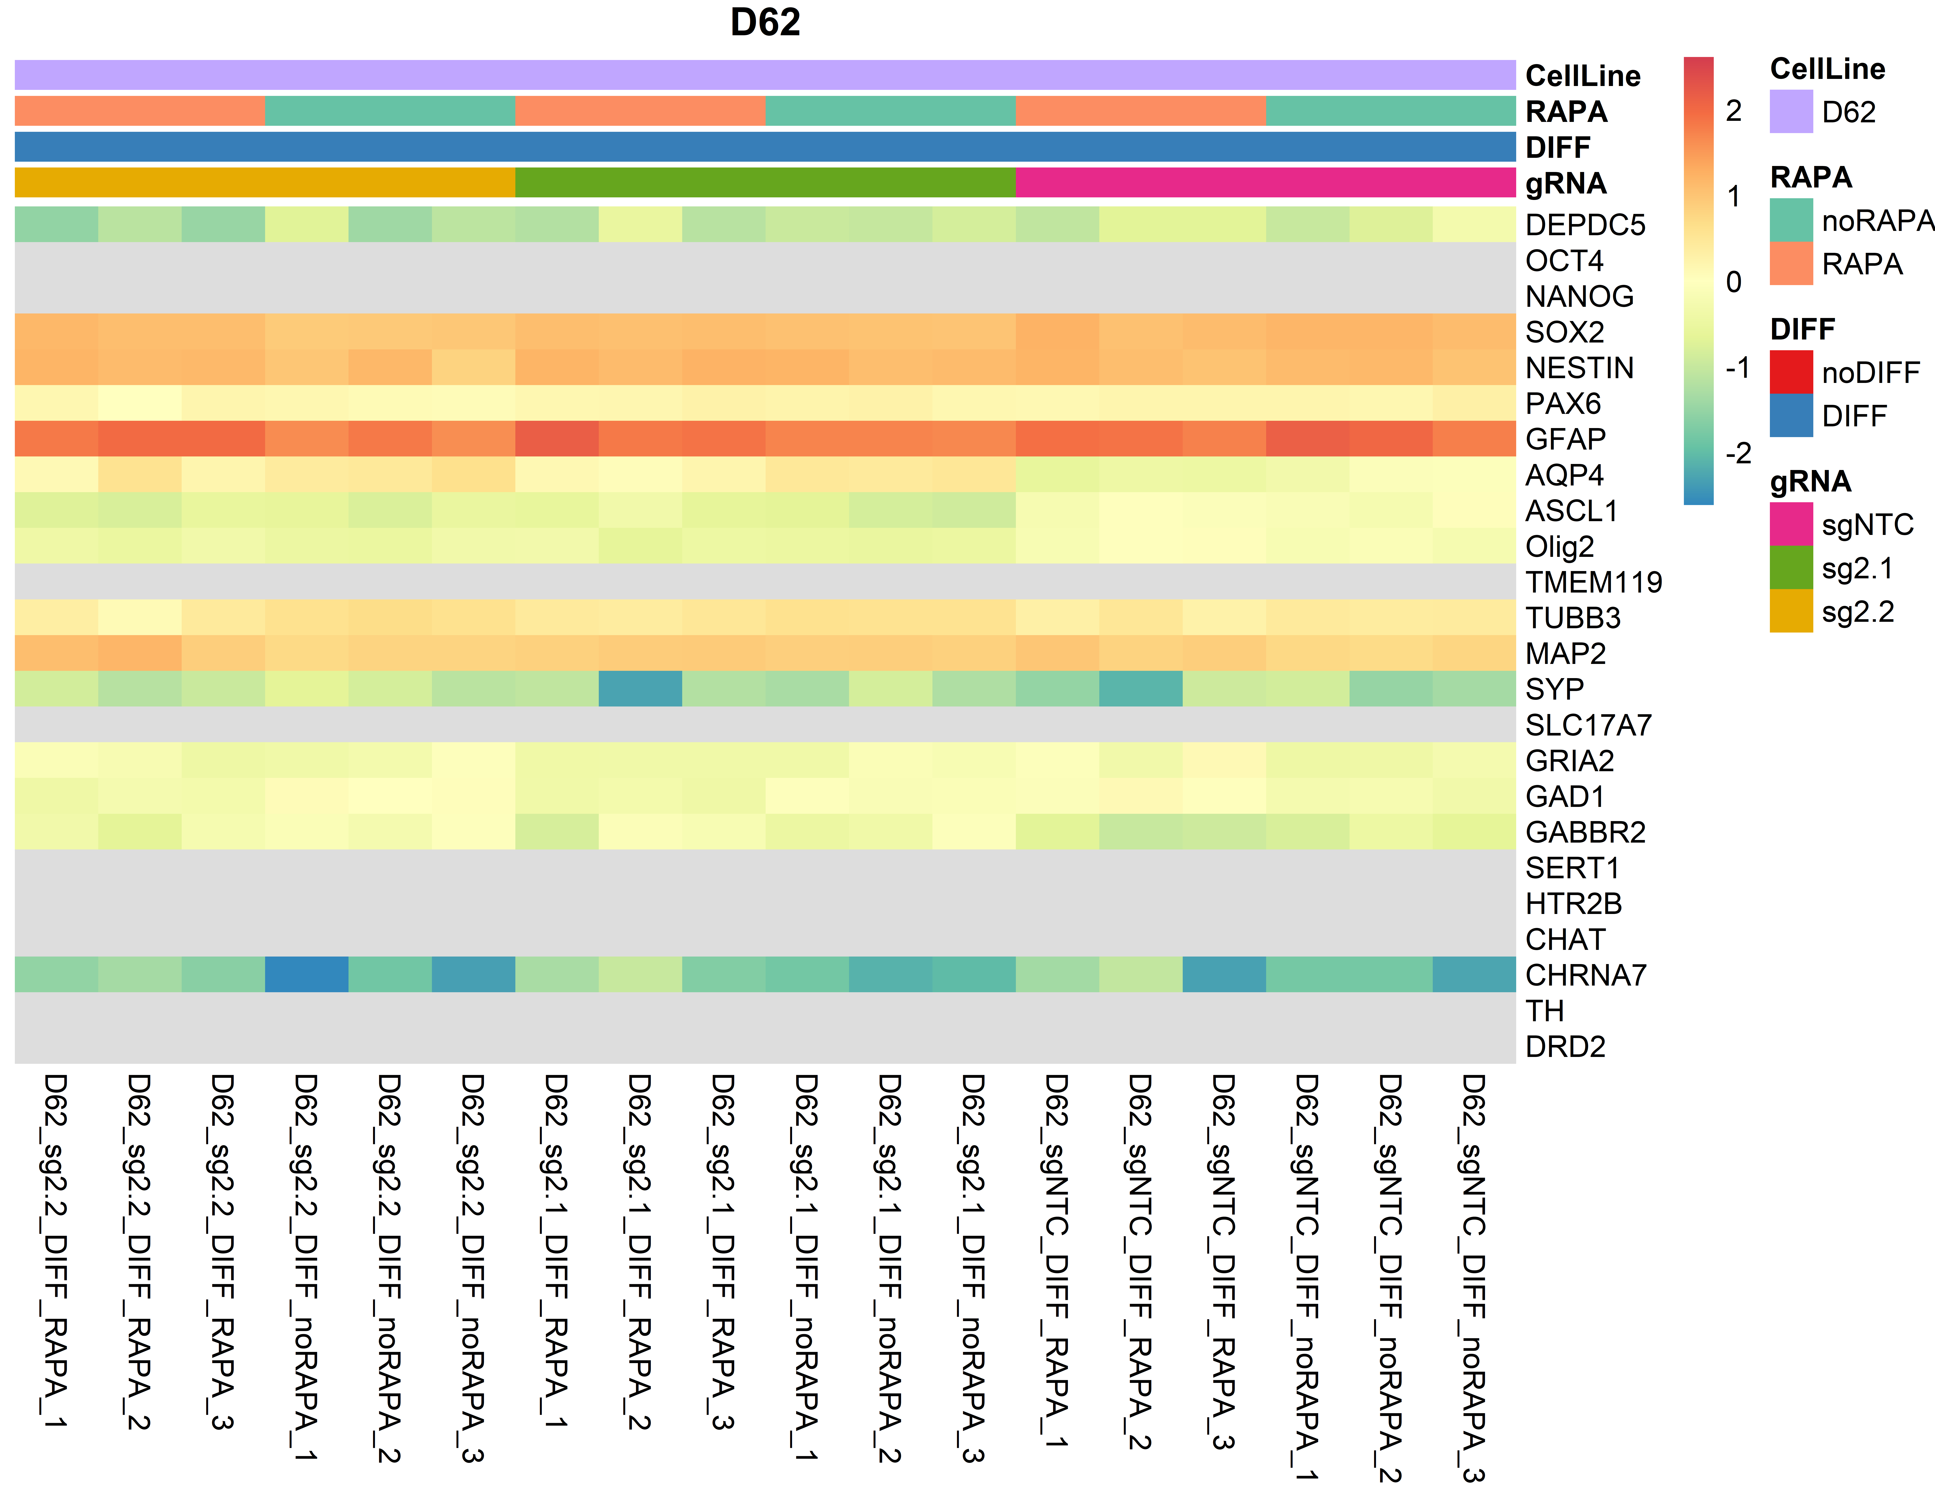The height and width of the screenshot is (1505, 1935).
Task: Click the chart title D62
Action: tap(765, 22)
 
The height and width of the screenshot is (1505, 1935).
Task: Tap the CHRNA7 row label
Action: tap(1585, 975)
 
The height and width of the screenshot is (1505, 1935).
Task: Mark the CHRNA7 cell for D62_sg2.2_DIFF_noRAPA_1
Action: tap(307, 974)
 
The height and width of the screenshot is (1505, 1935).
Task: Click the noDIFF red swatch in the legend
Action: tap(1791, 372)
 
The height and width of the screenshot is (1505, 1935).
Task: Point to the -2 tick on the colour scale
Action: tap(1737, 453)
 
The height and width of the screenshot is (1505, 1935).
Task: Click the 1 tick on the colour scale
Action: tap(1734, 196)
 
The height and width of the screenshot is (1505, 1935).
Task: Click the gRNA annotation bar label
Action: tap(1566, 183)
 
